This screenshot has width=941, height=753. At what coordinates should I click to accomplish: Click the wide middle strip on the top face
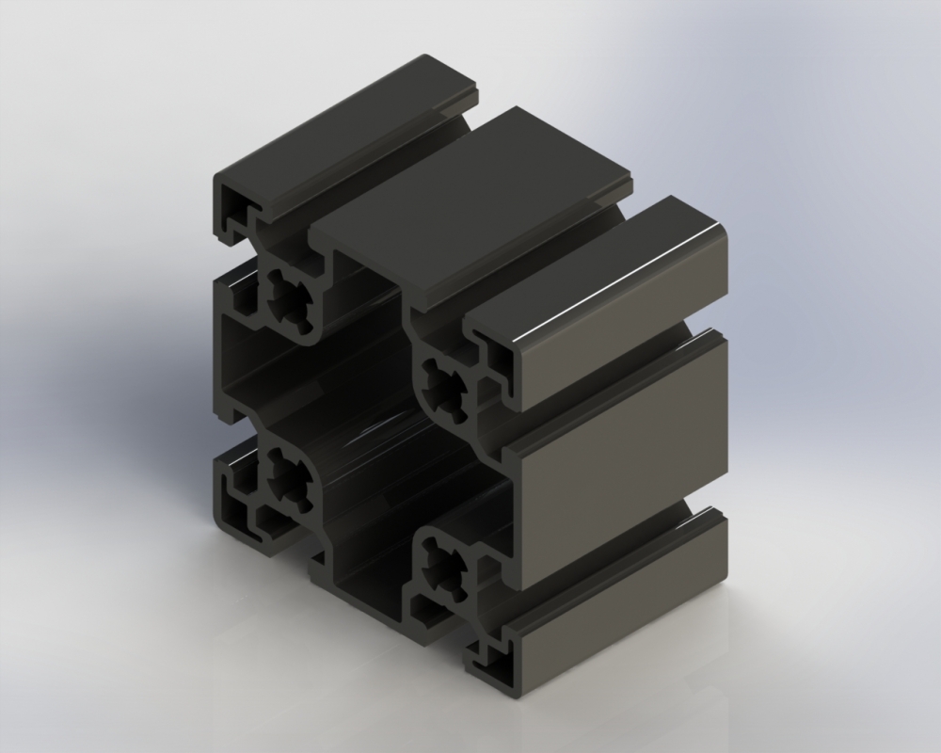[470, 207]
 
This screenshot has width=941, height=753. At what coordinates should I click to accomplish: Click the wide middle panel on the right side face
[621, 452]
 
